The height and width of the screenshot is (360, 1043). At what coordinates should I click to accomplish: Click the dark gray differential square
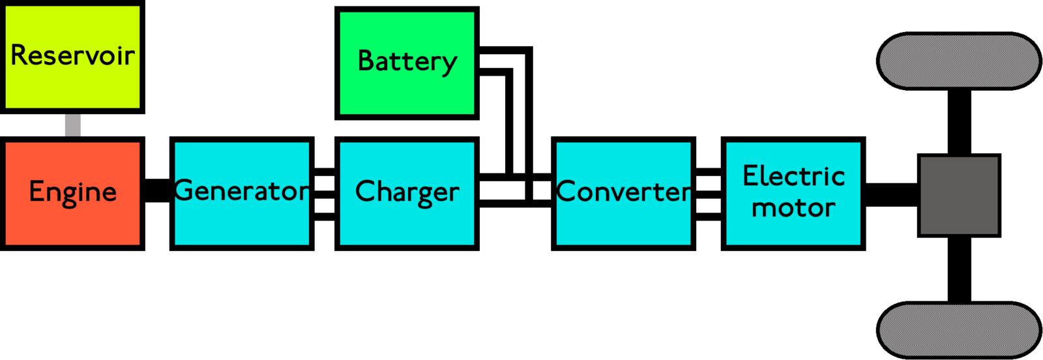(958, 195)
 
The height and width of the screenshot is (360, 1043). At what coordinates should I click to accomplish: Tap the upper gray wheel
(958, 61)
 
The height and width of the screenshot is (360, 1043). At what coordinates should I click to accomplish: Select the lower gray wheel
(958, 329)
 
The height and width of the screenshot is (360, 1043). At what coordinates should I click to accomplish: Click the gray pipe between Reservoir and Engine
(73, 125)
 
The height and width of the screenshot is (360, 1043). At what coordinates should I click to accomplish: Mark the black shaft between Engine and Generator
(156, 190)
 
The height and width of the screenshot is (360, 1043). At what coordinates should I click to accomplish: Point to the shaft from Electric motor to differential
(891, 194)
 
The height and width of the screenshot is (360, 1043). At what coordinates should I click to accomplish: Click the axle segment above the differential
(958, 122)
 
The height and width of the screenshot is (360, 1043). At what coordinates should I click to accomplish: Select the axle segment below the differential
(958, 269)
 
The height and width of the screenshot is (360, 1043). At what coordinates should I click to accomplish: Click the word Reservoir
(72, 55)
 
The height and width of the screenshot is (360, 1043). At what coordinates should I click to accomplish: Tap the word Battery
(407, 61)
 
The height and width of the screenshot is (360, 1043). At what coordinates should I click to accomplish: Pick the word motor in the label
(793, 208)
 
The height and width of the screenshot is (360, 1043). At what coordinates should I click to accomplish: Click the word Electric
(793, 176)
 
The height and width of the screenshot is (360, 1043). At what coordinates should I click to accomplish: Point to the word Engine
(72, 192)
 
